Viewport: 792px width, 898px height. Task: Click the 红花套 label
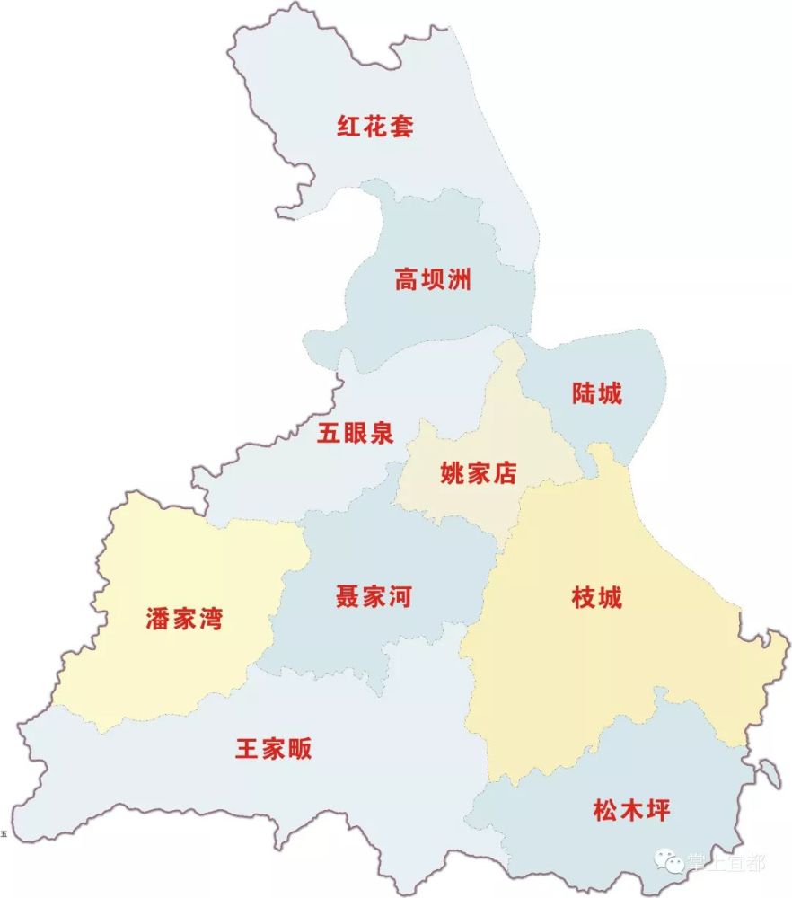click(375, 126)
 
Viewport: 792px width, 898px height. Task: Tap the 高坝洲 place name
click(433, 280)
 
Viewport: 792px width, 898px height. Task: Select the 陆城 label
click(596, 393)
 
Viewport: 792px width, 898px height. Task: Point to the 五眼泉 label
click(356, 434)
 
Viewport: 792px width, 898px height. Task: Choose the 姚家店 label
click(479, 473)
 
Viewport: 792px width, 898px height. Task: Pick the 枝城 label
click(596, 597)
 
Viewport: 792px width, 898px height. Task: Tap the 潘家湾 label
click(184, 619)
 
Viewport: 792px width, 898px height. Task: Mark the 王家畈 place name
click(274, 748)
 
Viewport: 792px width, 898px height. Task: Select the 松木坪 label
click(632, 811)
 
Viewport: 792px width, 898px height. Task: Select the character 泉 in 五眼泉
click(382, 434)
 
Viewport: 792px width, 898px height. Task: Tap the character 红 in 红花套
click(349, 126)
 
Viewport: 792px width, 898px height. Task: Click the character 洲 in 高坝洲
click(459, 280)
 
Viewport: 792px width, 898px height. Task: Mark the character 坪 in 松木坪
click(658, 811)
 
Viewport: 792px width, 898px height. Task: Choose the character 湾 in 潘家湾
click(210, 619)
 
